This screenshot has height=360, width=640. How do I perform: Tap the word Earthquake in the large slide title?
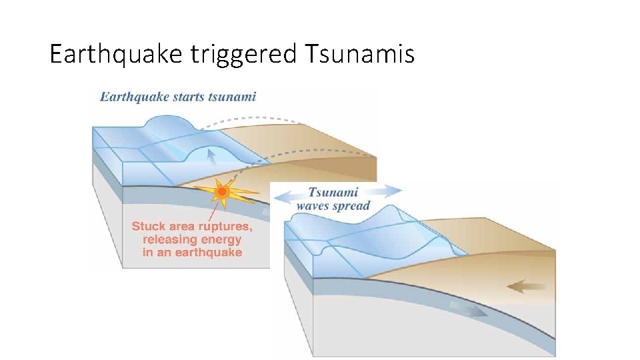coord(115,54)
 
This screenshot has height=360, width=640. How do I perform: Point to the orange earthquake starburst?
coord(223,192)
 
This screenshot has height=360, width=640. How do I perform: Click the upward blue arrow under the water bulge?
coord(211,157)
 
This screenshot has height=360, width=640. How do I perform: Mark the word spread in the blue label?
coord(351,205)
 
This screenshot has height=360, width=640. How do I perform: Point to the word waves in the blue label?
coord(313,205)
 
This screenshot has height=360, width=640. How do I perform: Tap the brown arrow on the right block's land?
coord(525,287)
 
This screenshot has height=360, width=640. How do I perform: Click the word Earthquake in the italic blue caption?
coord(131,97)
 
